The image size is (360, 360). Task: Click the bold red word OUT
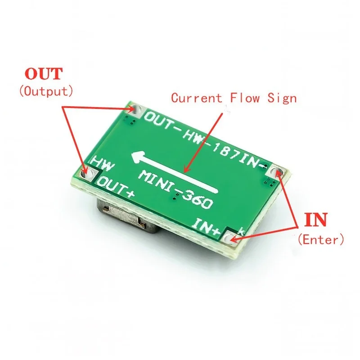(44, 74)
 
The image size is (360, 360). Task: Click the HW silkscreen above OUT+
(103, 163)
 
